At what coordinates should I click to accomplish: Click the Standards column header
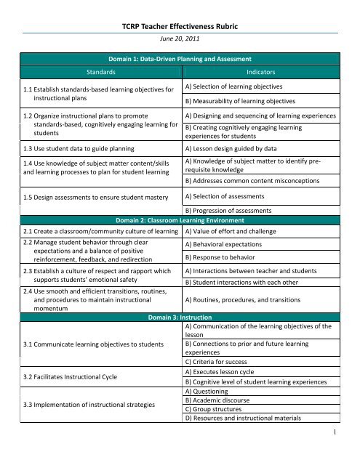point(96,73)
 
